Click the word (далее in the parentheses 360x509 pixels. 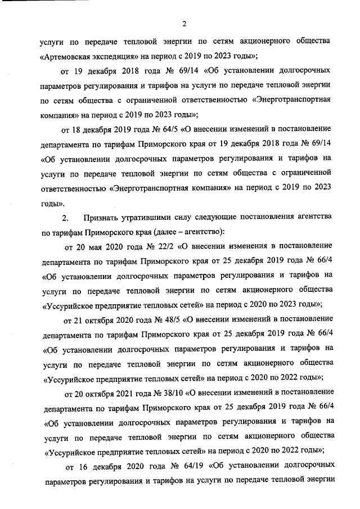158,231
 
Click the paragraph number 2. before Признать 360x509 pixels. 65,217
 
